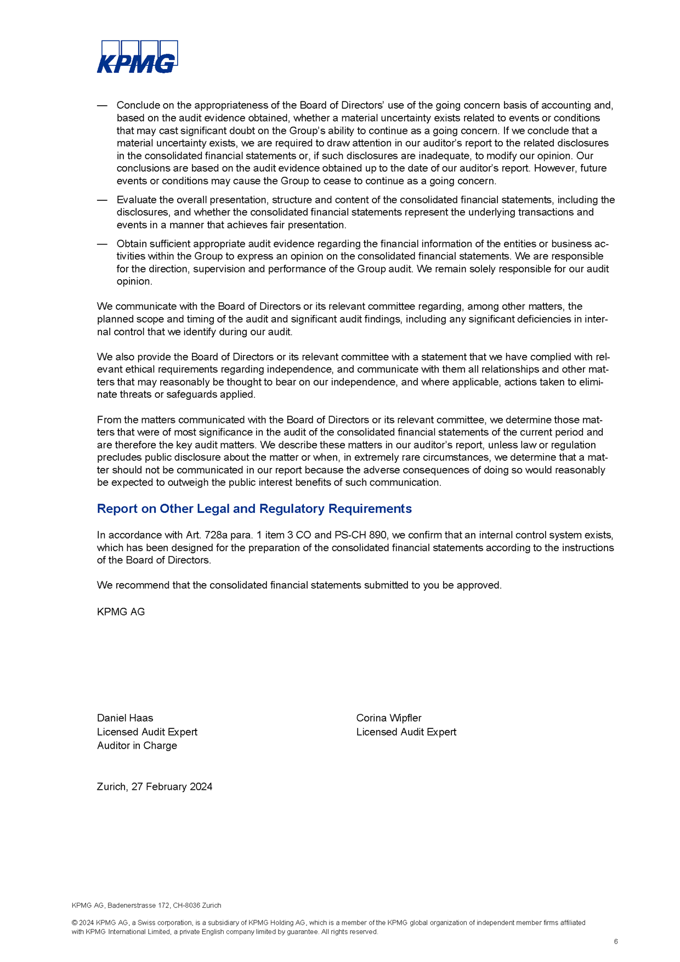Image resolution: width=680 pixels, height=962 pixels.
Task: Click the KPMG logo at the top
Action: pyautogui.click(x=137, y=56)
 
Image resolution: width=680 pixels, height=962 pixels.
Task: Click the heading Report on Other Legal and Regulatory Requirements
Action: pyautogui.click(x=254, y=508)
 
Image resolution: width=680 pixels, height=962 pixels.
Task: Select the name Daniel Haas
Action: pyautogui.click(x=125, y=718)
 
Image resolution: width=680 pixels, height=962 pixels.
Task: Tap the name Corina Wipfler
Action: pyautogui.click(x=389, y=718)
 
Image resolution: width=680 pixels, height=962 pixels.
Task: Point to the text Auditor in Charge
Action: pyautogui.click(x=137, y=745)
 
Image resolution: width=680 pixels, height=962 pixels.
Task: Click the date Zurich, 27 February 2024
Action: pyautogui.click(x=155, y=786)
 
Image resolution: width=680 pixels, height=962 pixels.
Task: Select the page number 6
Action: pyautogui.click(x=616, y=942)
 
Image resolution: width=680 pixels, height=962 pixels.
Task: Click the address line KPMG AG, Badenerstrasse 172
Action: pyautogui.click(x=146, y=906)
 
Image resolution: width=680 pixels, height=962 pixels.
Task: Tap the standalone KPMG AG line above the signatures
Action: pyautogui.click(x=121, y=612)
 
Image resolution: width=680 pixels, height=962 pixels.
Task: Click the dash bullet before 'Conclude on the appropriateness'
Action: pyautogui.click(x=102, y=105)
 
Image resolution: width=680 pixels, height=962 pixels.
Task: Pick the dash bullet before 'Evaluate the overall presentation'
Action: pyautogui.click(x=102, y=200)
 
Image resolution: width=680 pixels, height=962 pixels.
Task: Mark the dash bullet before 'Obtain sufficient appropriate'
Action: pyautogui.click(x=102, y=244)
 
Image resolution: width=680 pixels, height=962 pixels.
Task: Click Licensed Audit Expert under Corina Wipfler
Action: pyautogui.click(x=406, y=732)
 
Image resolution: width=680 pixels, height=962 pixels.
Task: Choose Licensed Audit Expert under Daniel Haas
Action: pyautogui.click(x=147, y=732)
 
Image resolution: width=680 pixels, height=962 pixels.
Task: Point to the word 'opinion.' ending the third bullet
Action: pyautogui.click(x=134, y=281)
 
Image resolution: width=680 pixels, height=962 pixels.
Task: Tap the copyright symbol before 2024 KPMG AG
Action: pyautogui.click(x=75, y=923)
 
